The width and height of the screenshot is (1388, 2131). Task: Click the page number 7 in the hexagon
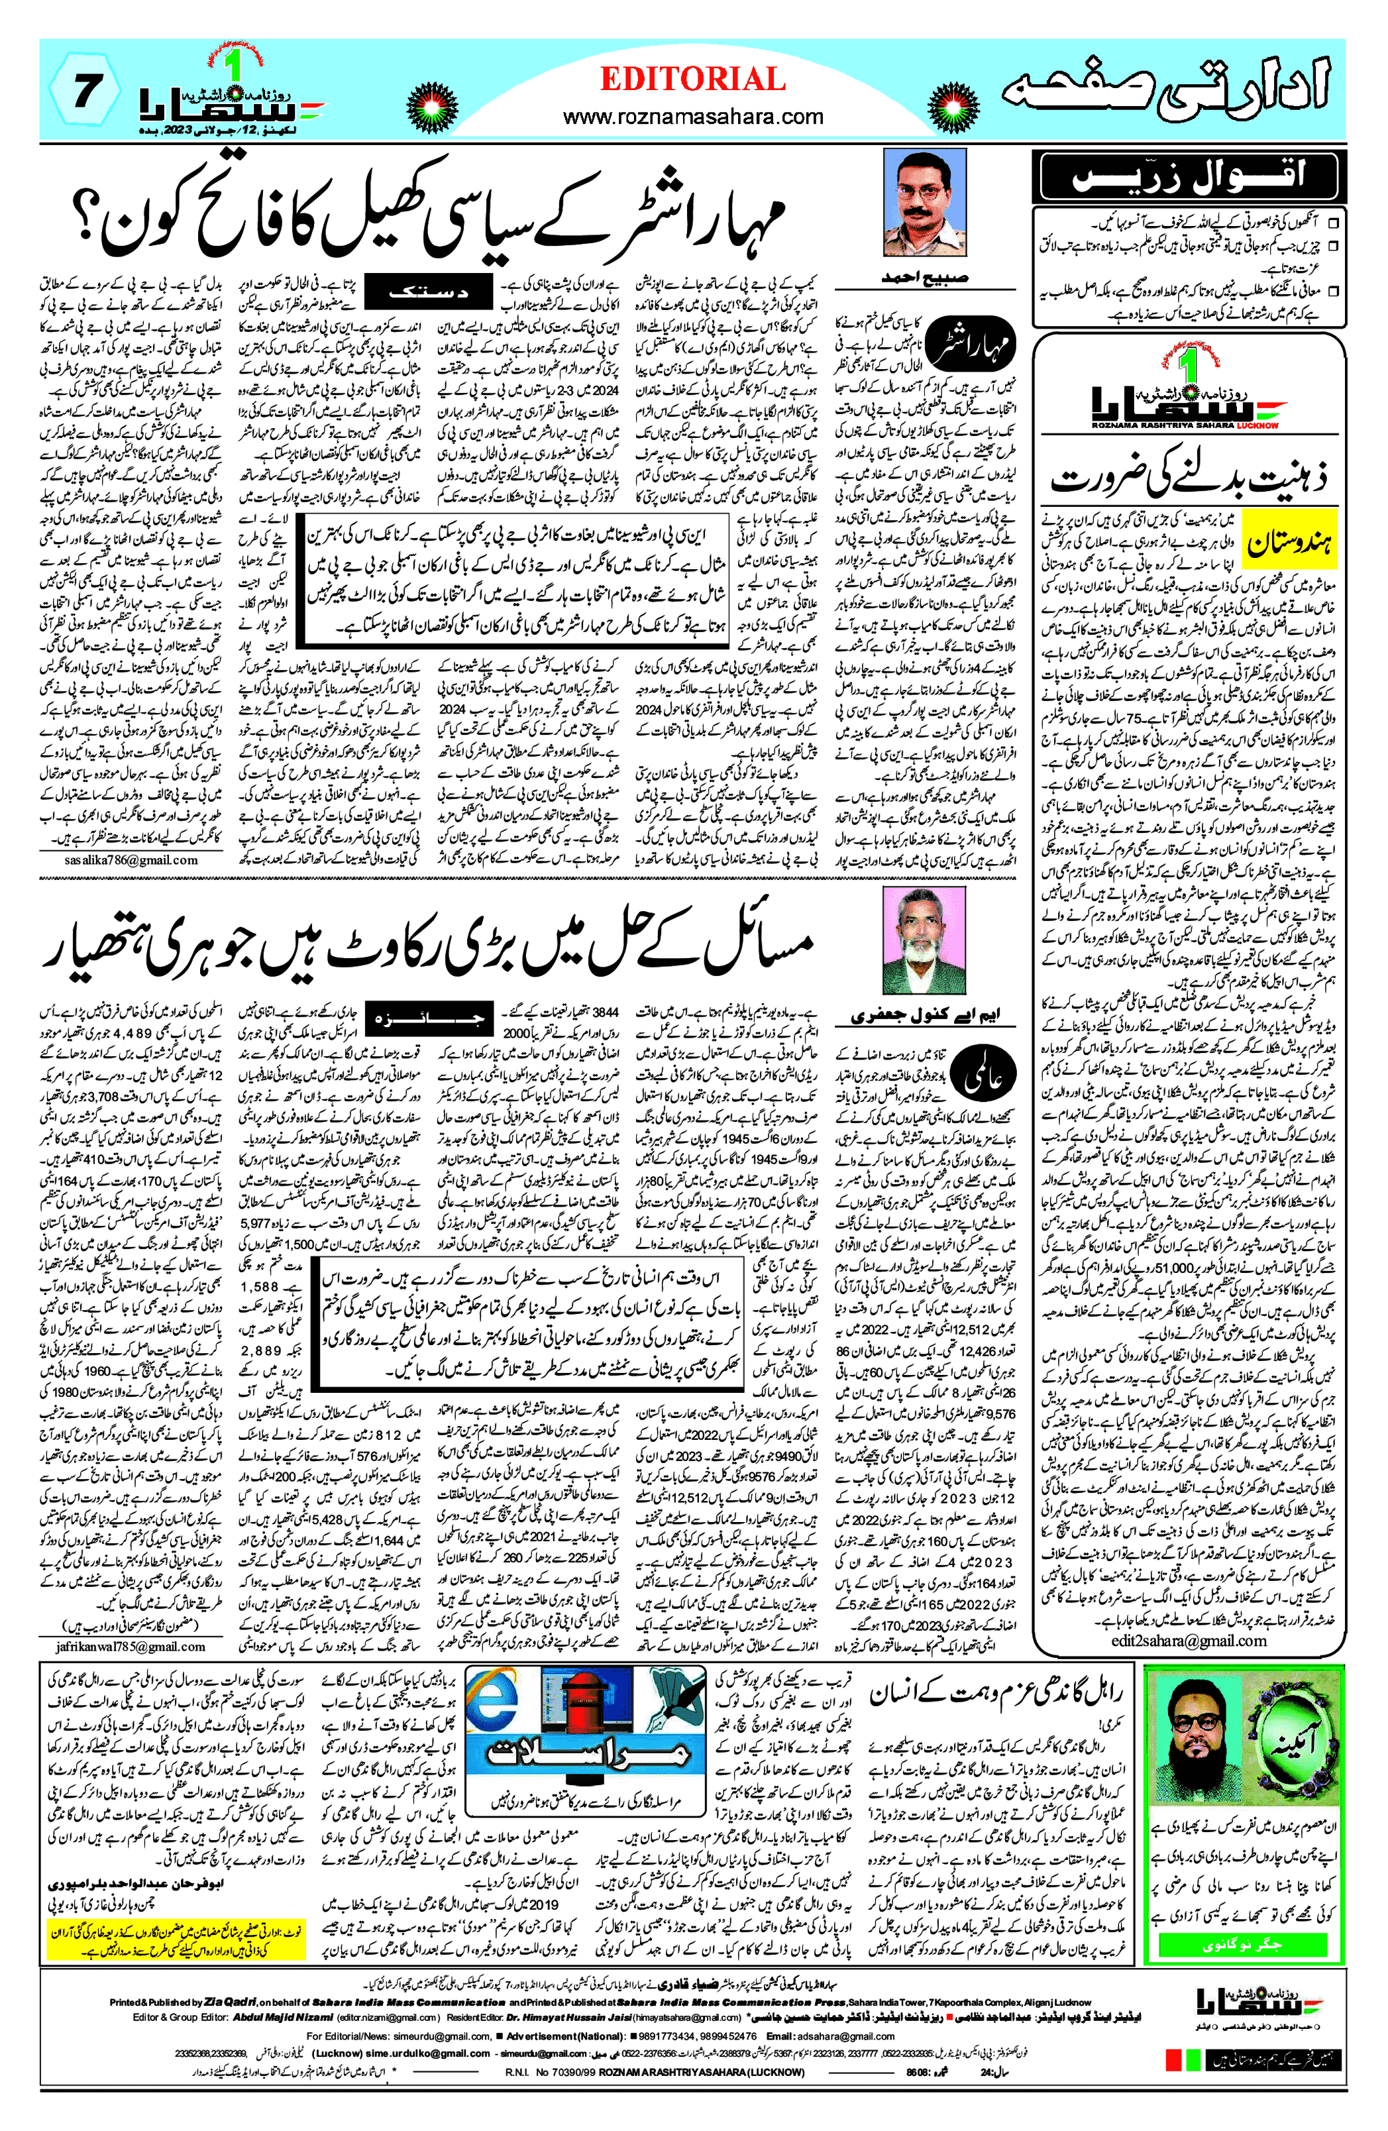point(84,92)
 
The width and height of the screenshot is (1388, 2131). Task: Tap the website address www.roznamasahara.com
point(692,117)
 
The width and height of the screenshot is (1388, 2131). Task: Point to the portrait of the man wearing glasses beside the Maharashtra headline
point(924,203)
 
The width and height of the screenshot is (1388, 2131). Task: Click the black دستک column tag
point(428,293)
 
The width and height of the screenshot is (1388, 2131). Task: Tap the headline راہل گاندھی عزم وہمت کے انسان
point(996,1694)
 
